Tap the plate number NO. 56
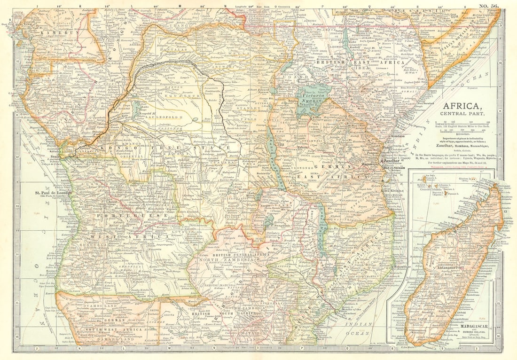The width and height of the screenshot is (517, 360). (489, 6)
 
